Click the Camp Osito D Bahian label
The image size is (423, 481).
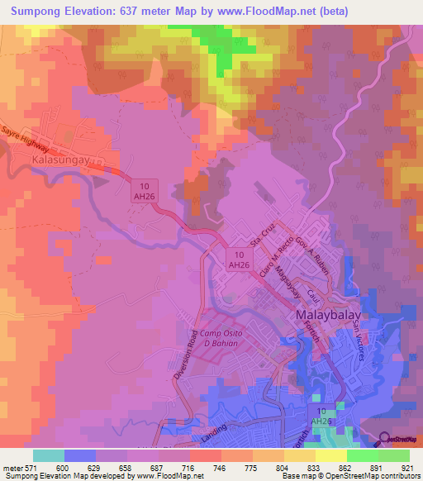pos(208,337)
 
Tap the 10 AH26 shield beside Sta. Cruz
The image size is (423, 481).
pos(238,260)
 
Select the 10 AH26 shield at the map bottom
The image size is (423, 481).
pos(321,417)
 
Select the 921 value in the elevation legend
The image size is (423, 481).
pos(408,468)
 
